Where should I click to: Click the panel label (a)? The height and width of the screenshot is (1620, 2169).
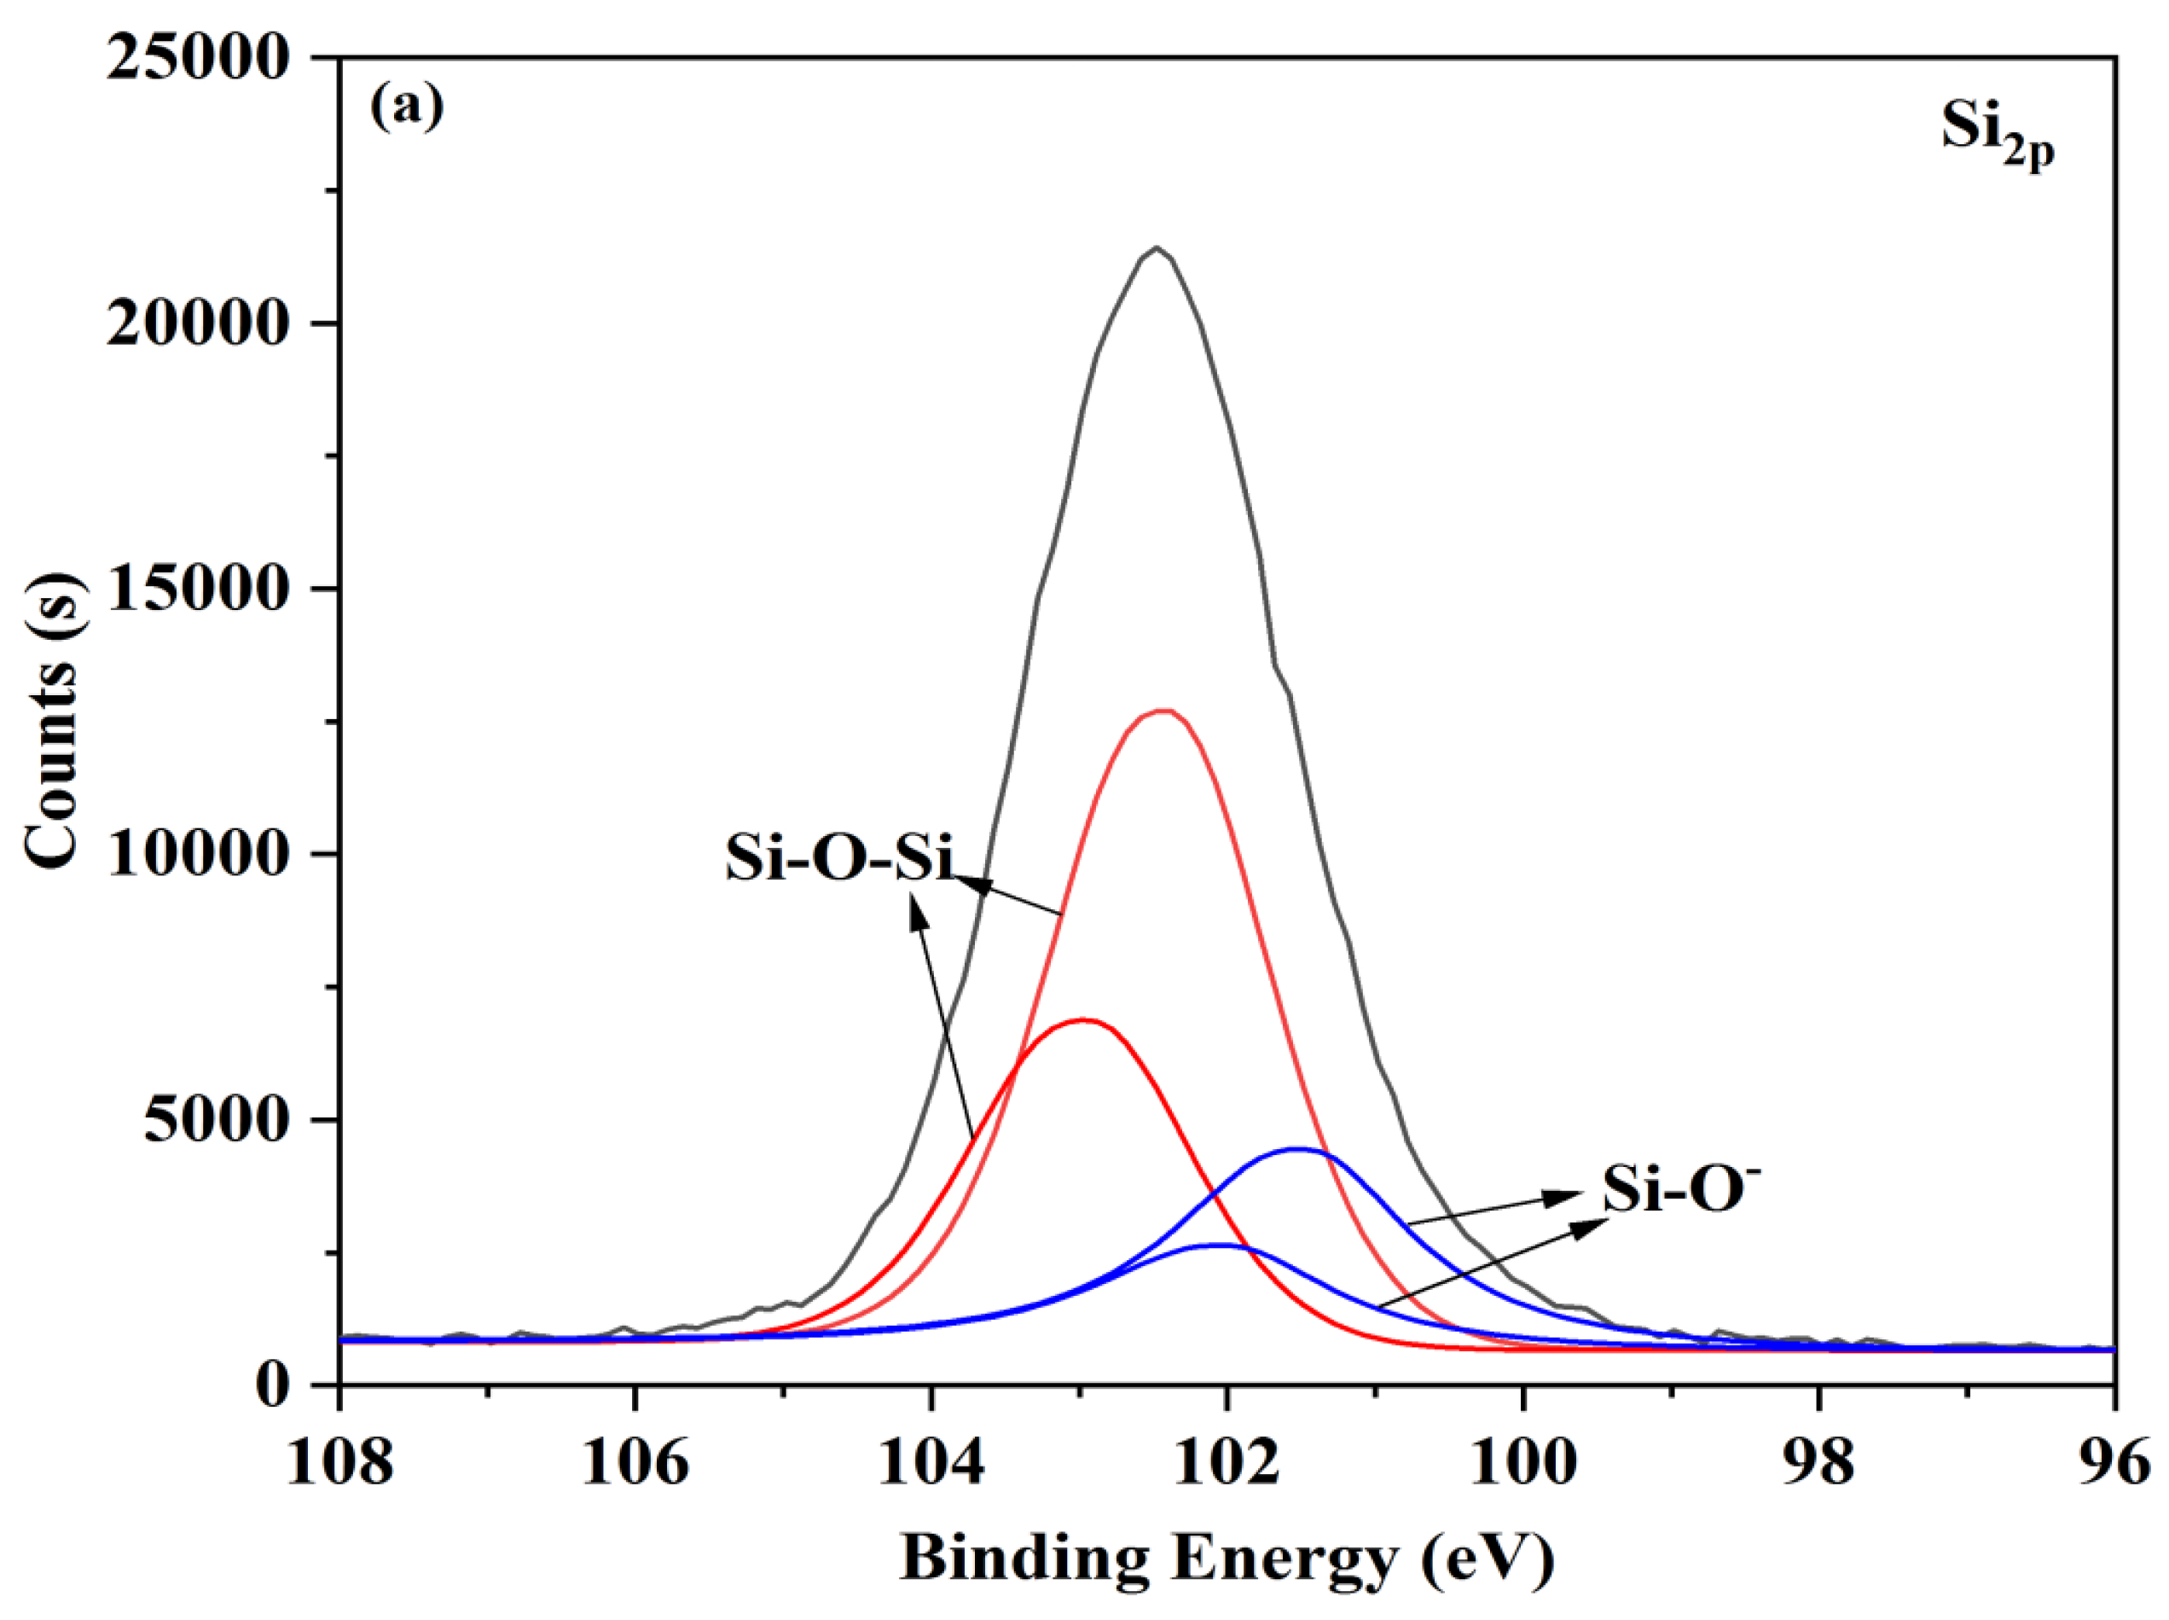click(x=406, y=107)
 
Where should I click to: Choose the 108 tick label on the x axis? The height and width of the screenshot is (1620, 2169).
click(x=339, y=1462)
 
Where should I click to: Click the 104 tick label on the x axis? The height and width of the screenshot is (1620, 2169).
click(x=931, y=1462)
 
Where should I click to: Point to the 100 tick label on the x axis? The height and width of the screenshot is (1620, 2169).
click(x=1522, y=1462)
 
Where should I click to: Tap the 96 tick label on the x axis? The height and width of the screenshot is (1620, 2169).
click(x=2112, y=1462)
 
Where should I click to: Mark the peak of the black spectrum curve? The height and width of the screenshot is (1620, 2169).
click(x=1157, y=247)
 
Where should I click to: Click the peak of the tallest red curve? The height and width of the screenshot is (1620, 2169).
click(x=1164, y=710)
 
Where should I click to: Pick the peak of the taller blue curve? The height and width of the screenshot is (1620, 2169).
click(x=1297, y=1148)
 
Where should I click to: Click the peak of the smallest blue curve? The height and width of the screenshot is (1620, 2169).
click(x=1219, y=1245)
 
